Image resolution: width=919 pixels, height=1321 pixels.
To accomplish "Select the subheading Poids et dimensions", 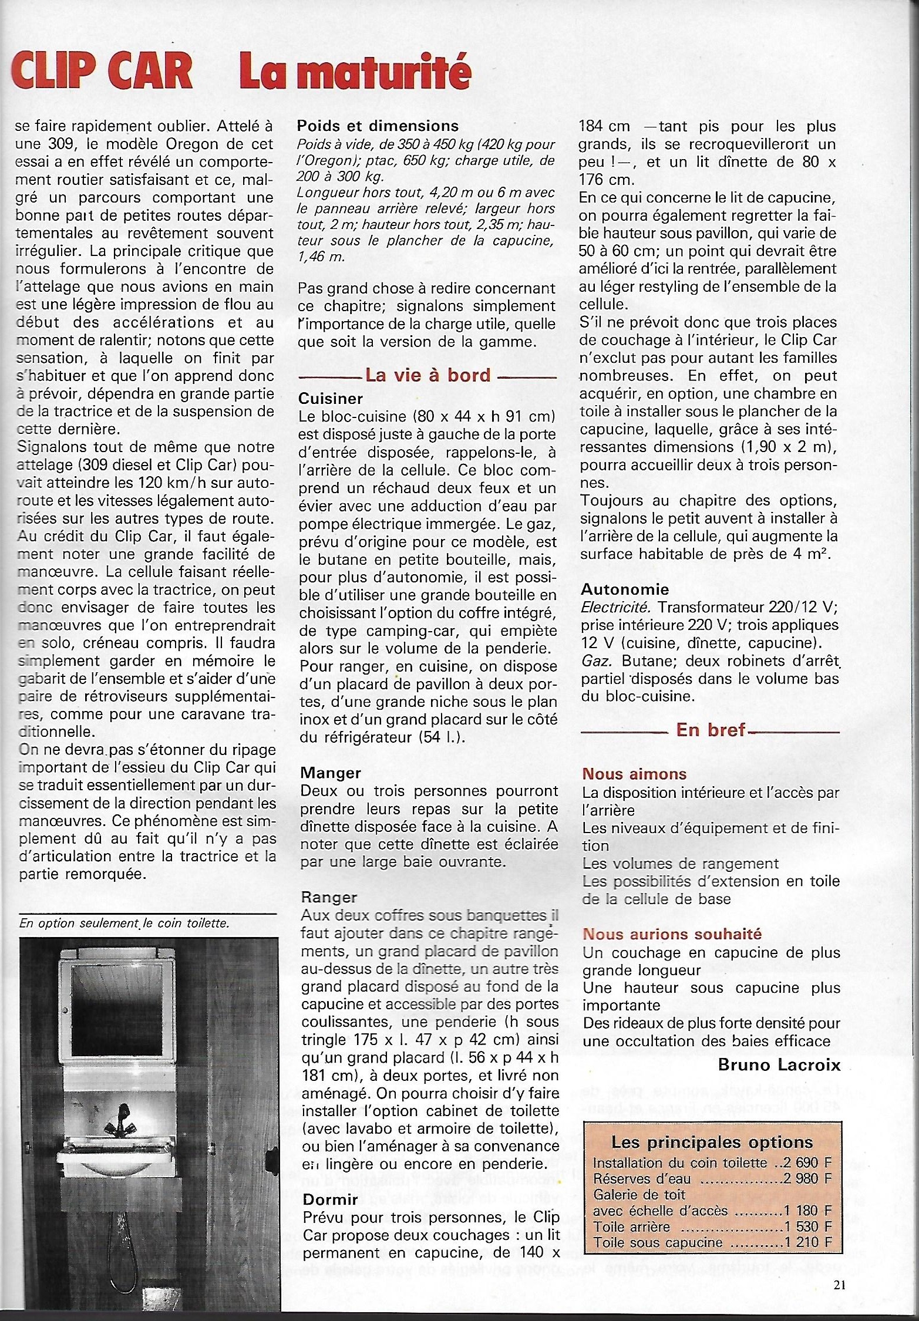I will click(x=378, y=126).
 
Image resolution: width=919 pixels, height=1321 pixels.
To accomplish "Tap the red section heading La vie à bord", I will click(x=427, y=375).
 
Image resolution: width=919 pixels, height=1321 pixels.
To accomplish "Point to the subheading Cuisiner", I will click(x=331, y=399).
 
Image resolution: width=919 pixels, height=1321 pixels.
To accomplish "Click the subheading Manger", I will click(x=330, y=773).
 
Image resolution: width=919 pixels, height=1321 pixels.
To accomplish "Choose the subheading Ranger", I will click(x=329, y=897).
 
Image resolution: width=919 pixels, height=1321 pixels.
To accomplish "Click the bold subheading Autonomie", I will click(x=625, y=589).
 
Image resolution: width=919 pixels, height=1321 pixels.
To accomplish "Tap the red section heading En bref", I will click(x=711, y=730).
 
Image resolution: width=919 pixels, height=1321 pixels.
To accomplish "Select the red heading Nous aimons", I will click(x=634, y=774).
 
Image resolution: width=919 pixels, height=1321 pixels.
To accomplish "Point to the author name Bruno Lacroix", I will click(x=779, y=1064).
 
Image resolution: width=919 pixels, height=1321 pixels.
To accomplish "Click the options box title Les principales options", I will click(x=712, y=1142).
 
